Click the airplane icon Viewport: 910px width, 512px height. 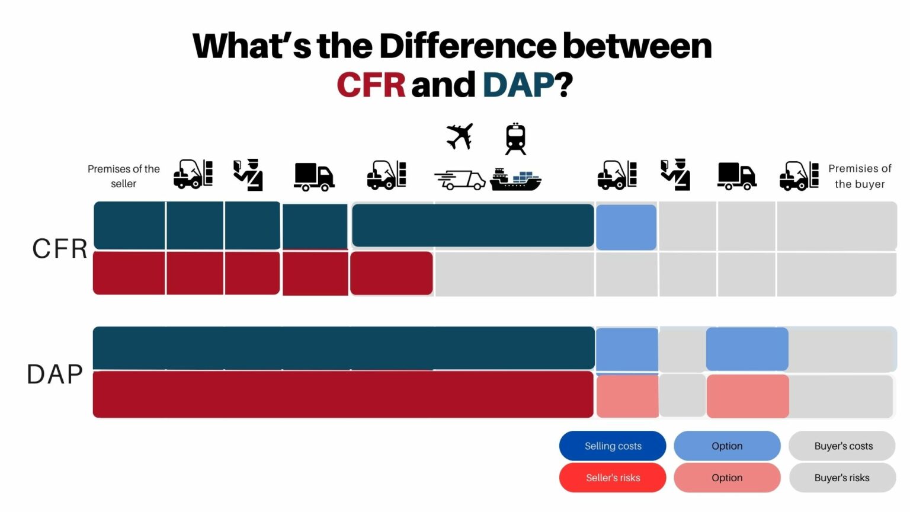(460, 136)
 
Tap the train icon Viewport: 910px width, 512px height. (515, 139)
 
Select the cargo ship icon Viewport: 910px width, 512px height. (515, 179)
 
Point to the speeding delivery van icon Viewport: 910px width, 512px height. (460, 180)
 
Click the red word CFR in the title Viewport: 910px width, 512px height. (371, 85)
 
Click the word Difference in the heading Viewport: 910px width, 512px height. (467, 46)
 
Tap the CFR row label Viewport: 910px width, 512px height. (60, 249)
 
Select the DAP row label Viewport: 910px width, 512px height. (55, 375)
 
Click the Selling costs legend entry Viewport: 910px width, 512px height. (613, 446)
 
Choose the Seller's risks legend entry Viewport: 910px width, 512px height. (613, 478)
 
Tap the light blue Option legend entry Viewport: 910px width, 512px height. (727, 446)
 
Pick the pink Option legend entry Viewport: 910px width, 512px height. (727, 478)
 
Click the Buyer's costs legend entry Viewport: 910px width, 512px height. (843, 446)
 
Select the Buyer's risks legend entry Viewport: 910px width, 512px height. (842, 478)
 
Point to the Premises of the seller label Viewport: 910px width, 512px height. (124, 176)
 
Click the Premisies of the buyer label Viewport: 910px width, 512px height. (860, 176)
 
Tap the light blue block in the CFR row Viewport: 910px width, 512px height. (626, 227)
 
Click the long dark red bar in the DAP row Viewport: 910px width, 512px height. (343, 395)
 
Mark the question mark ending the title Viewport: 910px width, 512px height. (565, 85)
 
